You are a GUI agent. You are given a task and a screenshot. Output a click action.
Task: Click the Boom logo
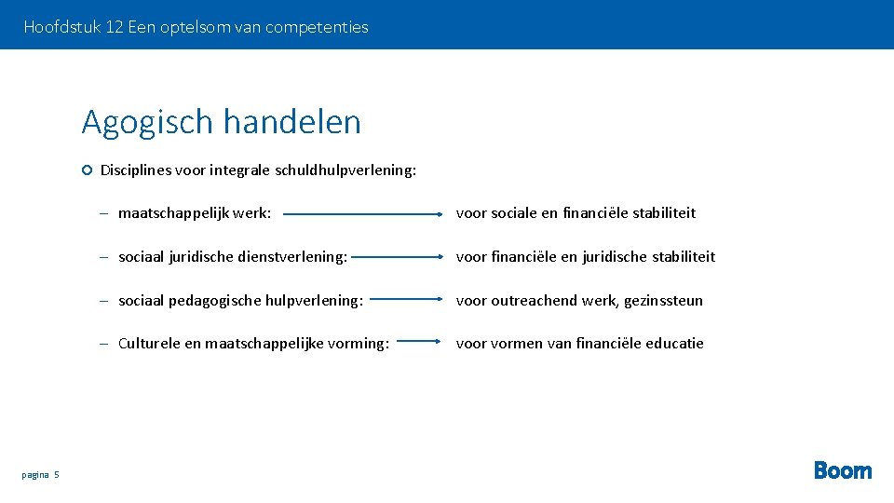843,470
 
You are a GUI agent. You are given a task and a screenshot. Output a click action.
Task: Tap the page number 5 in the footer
56,475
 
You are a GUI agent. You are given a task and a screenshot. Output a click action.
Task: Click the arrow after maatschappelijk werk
362,213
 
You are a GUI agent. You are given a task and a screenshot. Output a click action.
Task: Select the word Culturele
149,343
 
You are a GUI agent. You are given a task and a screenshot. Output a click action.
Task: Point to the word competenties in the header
317,27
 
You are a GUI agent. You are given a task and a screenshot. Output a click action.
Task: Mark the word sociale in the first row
514,213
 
